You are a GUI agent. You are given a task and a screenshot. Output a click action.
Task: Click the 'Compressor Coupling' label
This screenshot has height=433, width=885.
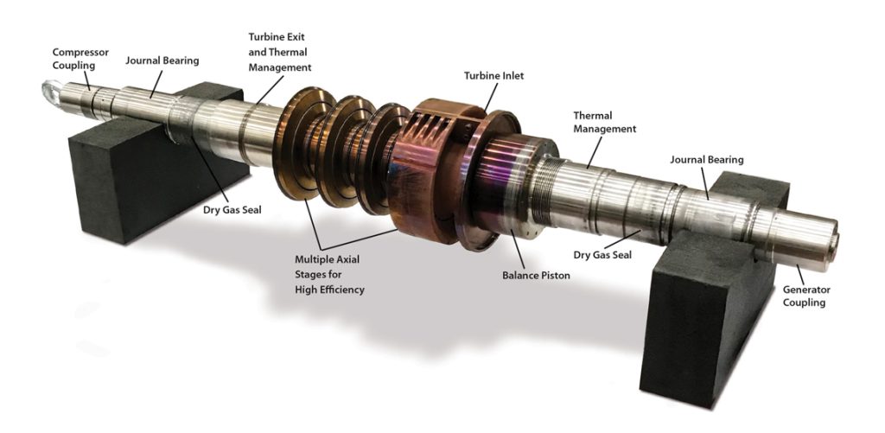coord(80,59)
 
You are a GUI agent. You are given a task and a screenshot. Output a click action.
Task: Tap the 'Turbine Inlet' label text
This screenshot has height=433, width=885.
coord(493,75)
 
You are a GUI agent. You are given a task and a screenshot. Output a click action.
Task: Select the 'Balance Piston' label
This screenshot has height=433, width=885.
coord(536,276)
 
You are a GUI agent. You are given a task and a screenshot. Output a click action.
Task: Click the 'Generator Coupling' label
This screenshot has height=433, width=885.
coord(806,296)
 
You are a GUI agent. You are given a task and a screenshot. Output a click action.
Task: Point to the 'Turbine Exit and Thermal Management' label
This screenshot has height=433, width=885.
coord(279,52)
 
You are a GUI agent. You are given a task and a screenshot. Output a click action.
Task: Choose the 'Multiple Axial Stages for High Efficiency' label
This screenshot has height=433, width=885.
coord(329,274)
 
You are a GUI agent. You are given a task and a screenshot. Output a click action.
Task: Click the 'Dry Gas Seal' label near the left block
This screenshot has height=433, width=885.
coord(232,210)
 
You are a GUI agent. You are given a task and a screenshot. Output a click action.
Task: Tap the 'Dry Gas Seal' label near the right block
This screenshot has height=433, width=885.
coord(602,255)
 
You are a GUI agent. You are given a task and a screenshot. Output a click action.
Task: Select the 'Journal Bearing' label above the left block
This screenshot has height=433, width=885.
coord(162,60)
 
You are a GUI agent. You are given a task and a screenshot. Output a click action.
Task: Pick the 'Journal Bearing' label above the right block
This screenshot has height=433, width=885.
coord(707,160)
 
